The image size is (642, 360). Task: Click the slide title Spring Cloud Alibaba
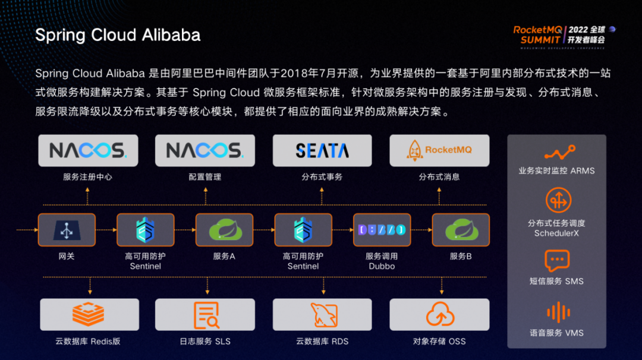pos(118,35)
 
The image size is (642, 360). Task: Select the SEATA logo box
pos(322,150)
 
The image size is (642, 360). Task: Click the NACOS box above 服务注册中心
pos(88,150)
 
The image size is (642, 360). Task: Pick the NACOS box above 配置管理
pos(205,150)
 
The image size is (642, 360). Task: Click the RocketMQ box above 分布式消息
pos(439,150)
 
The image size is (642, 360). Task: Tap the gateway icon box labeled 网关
pos(67,230)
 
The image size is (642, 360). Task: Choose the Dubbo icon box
pos(382,230)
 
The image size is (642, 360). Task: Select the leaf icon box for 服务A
pos(224,230)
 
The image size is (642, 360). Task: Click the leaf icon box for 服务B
pos(461,230)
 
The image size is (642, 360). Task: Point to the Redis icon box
pos(89,314)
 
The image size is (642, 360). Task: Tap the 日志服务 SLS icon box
pos(205,314)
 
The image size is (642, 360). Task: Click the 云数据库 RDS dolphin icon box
pos(322,314)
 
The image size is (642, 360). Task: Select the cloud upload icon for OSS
pos(439,314)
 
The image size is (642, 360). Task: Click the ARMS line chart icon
pos(557,153)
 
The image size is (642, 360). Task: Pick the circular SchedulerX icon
pos(557,201)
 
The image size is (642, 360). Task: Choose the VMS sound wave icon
pos(557,312)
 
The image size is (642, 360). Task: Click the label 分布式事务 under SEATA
pos(322,177)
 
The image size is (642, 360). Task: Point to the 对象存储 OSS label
pos(439,342)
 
